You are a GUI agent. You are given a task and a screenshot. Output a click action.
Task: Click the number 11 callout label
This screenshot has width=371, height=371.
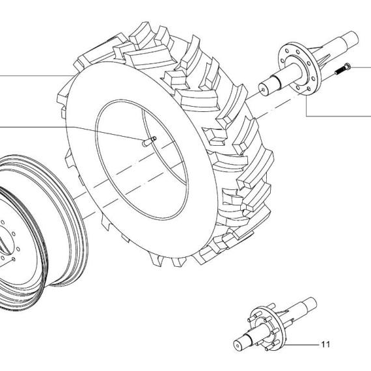325,344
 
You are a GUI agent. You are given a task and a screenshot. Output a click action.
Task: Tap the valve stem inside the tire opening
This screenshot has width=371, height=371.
149,141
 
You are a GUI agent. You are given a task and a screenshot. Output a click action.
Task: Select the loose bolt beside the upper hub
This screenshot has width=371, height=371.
342,68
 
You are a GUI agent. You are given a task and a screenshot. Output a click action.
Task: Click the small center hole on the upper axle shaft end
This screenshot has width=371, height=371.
264,90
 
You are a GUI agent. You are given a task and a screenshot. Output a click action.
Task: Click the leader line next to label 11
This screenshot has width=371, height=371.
301,345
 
